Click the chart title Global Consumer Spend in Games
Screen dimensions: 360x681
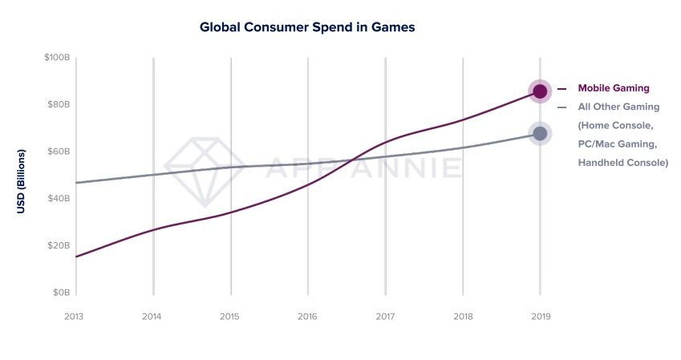(x=306, y=27)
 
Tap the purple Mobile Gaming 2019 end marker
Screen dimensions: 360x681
(x=540, y=91)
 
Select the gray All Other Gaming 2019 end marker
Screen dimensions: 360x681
(x=540, y=133)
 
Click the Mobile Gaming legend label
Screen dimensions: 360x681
(x=613, y=88)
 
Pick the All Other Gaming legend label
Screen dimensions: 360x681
(x=618, y=107)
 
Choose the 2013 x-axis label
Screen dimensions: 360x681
(x=75, y=317)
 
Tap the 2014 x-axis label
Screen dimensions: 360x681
(x=152, y=317)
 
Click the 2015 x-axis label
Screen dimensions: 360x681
(x=229, y=317)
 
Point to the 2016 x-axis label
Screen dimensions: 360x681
(x=307, y=317)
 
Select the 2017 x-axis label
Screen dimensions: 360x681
(x=385, y=317)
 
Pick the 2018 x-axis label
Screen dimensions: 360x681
(x=462, y=317)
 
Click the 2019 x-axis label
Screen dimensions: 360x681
(x=540, y=317)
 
